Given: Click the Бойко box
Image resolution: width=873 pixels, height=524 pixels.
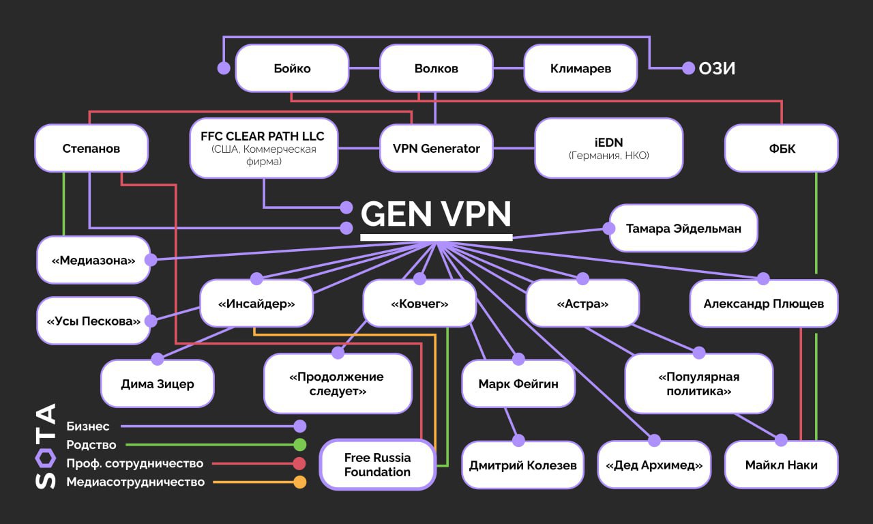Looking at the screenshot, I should [x=292, y=68].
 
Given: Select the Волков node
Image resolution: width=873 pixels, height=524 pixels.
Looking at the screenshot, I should [x=436, y=68].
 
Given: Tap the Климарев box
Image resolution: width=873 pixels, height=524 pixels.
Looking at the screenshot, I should [x=580, y=68].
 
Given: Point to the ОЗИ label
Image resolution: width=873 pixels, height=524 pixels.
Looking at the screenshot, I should [x=717, y=68].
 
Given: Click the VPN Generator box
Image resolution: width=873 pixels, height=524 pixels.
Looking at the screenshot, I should [x=436, y=148].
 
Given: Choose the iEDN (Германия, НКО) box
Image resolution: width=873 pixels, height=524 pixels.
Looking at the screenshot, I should [x=608, y=148].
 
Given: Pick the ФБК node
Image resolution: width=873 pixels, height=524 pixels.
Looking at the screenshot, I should [x=781, y=148].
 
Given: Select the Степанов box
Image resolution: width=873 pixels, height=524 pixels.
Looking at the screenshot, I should [x=91, y=148].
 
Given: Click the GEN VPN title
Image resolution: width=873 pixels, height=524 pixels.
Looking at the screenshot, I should [x=436, y=214].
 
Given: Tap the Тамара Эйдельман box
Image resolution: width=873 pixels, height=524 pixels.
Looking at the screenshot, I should [x=683, y=229].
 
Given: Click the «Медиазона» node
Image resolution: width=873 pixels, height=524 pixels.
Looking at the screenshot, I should [x=93, y=260].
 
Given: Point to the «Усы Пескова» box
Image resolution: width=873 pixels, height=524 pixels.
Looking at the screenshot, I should [x=93, y=321].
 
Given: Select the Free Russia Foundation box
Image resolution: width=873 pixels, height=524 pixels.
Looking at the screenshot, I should [x=377, y=465].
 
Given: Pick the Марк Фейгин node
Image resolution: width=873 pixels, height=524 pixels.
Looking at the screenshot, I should [x=518, y=383].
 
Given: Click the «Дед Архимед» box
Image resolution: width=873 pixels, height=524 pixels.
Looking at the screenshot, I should [x=654, y=465].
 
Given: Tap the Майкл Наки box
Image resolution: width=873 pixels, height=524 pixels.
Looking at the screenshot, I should [x=781, y=465].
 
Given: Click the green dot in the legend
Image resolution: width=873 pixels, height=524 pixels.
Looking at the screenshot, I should [x=299, y=445].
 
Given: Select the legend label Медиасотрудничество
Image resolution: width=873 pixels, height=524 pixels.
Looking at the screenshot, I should [x=135, y=482].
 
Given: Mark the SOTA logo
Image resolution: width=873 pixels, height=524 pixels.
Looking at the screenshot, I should [x=45, y=446].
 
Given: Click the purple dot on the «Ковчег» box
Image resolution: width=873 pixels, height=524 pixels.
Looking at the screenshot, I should [x=420, y=278].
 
